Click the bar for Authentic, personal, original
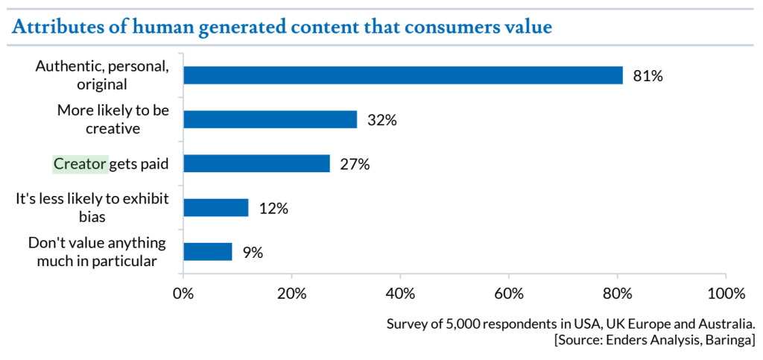[x=402, y=75]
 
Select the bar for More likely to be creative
[x=270, y=119]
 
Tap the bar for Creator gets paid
[x=256, y=163]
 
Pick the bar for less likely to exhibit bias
[x=216, y=207]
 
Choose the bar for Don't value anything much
[x=208, y=252]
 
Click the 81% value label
[x=648, y=76]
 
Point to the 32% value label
[x=381, y=120]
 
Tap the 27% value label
[x=355, y=164]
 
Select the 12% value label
[x=273, y=208]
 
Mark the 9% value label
[x=253, y=253]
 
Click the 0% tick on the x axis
[x=183, y=293]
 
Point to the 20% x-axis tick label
[x=292, y=293]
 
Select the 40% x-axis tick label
[x=401, y=293]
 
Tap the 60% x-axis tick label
[x=510, y=293]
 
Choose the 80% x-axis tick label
[x=618, y=293]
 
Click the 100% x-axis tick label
[x=724, y=293]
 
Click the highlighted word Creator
[x=80, y=163]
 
